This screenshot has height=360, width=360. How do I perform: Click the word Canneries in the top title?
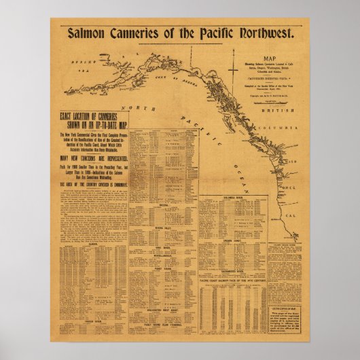pyautogui.click(x=136, y=33)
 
